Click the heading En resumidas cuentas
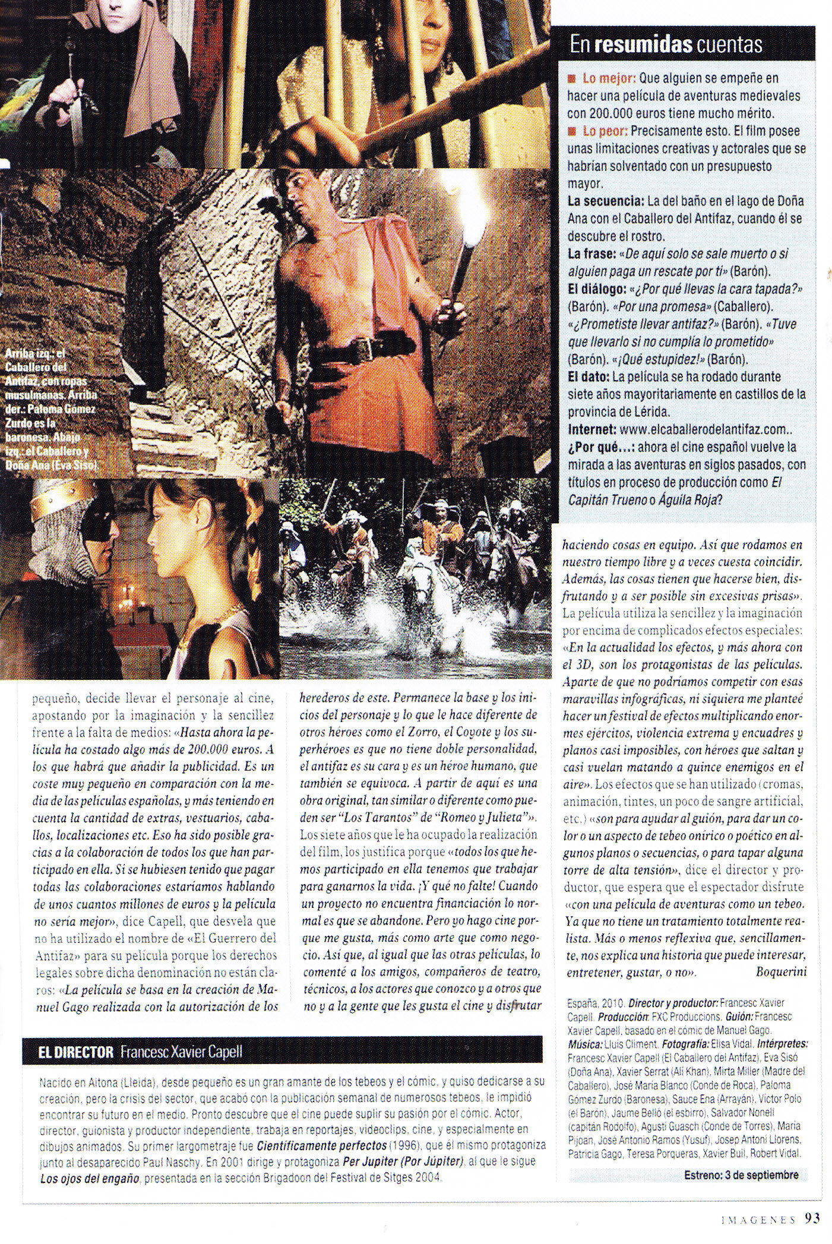tap(666, 45)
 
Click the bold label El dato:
tap(589, 376)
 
